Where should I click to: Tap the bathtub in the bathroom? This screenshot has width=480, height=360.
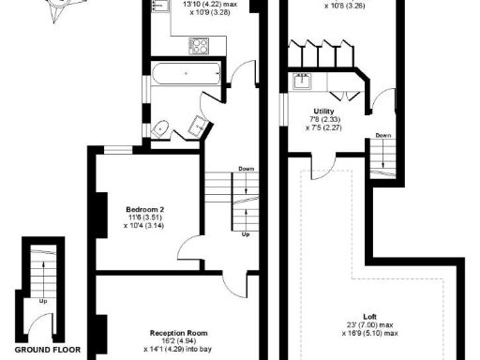click(183, 72)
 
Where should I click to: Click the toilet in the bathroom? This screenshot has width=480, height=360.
click(159, 128)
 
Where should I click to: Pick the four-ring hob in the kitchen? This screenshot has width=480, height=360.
click(199, 43)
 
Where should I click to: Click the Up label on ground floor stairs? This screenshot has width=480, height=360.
click(43, 302)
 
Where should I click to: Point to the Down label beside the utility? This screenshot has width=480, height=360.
click(383, 136)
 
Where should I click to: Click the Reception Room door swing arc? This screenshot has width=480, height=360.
click(235, 281)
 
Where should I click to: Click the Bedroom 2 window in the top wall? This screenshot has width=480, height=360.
click(117, 148)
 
